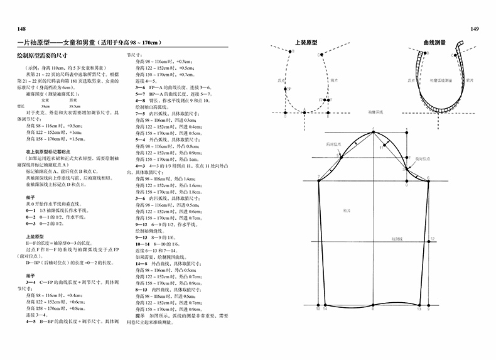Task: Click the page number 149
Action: [x=475, y=30]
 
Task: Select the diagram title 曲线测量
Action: [x=434, y=45]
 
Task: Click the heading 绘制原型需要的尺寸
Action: [x=43, y=57]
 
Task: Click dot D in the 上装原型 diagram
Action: [x=285, y=112]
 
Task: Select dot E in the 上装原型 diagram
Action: [x=328, y=112]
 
